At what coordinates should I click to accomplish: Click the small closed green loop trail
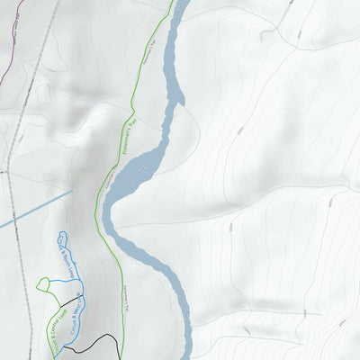pos(43,285)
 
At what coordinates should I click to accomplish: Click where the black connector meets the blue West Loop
pos(80,294)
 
